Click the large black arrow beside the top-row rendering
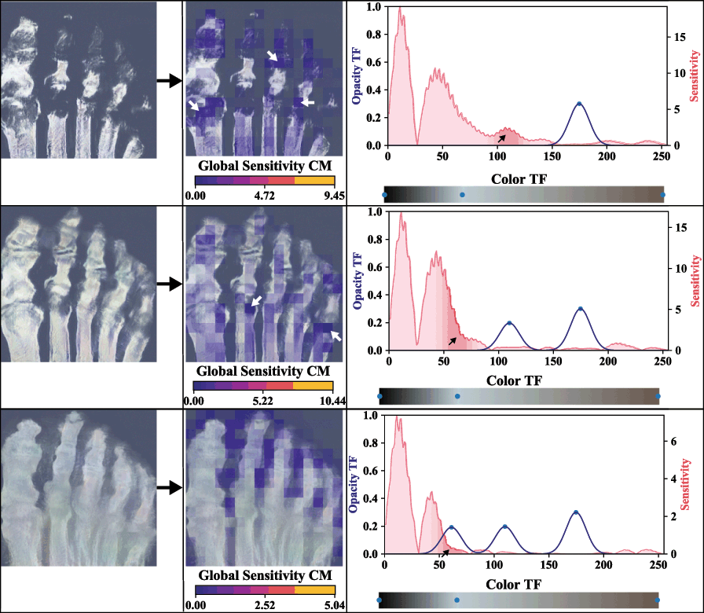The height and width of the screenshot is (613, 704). click(170, 80)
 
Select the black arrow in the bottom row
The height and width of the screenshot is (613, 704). click(170, 488)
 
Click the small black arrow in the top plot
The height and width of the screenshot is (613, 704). click(501, 138)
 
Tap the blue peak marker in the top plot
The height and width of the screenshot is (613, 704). click(579, 104)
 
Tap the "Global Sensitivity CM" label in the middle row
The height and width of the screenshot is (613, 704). click(263, 370)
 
